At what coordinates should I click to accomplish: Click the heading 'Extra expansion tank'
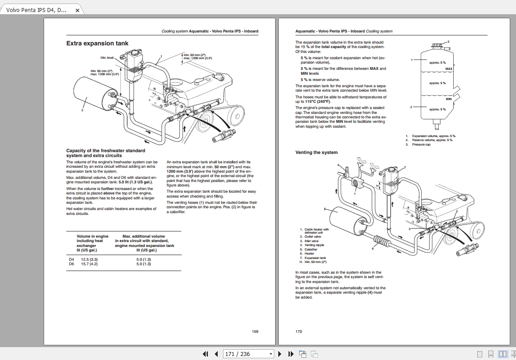click(97, 44)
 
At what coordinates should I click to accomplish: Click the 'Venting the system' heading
click(317, 153)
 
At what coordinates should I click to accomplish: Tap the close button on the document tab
click(77, 10)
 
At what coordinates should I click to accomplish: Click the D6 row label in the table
click(71, 264)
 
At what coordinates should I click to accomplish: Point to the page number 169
click(255, 332)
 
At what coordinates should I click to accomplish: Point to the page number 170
click(299, 332)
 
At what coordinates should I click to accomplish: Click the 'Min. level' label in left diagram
click(107, 58)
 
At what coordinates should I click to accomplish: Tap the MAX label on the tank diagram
click(449, 69)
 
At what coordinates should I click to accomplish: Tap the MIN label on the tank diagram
click(449, 99)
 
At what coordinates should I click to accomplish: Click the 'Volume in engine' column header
click(92, 236)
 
